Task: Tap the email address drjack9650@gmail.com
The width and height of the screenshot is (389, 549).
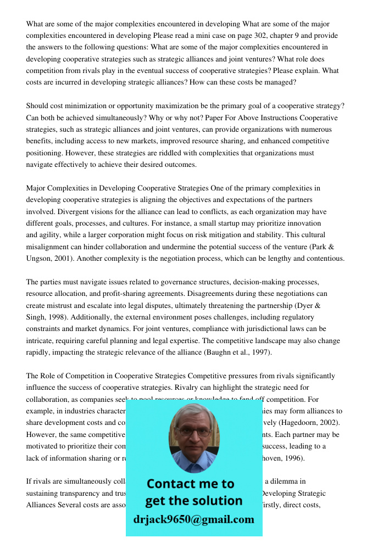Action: [x=193, y=519]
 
